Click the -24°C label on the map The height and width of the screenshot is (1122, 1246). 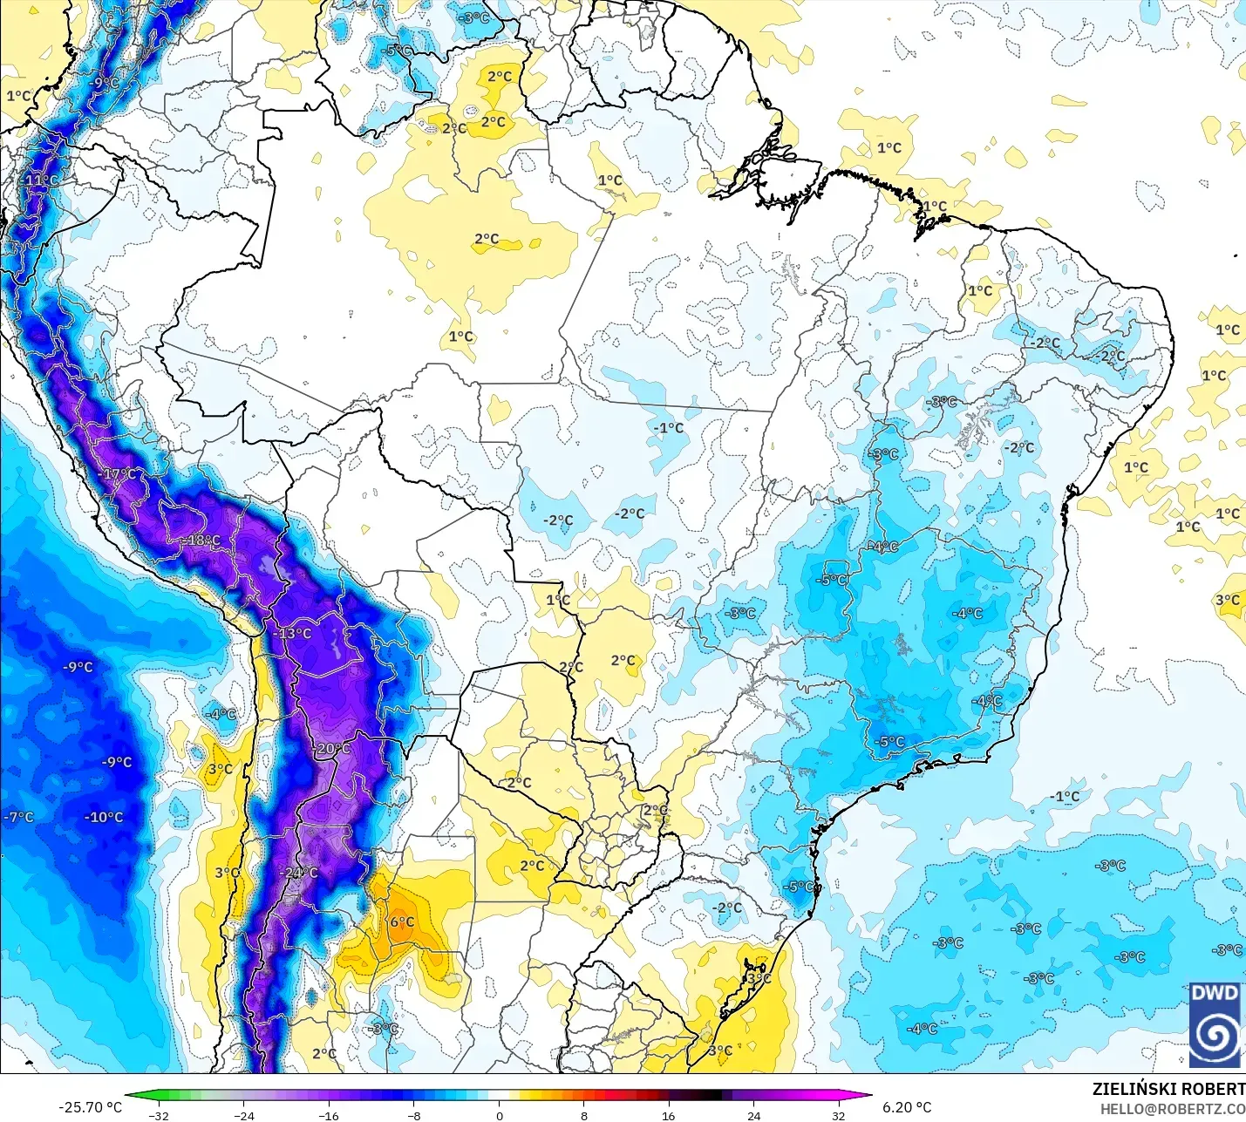coord(299,873)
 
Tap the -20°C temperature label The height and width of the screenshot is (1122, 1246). coord(332,749)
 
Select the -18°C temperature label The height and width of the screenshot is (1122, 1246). coord(202,541)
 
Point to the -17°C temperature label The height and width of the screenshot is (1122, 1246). coord(119,474)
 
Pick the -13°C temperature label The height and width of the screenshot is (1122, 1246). coord(293,633)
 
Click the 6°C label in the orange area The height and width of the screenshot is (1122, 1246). coord(402,921)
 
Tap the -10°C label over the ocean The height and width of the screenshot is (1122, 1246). coord(104,817)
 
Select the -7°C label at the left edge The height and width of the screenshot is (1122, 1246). coord(18,817)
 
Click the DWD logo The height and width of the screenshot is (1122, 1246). coord(1215,1024)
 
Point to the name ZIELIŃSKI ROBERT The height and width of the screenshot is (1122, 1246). coord(1168,1089)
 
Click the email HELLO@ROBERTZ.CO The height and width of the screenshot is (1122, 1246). coord(1172,1109)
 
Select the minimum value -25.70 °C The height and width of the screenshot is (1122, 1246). coord(90,1107)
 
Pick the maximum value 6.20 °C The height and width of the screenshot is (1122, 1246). coord(907,1107)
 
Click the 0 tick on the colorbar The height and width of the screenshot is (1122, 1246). coord(499,1115)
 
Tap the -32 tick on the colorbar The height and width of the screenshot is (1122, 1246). coord(158,1115)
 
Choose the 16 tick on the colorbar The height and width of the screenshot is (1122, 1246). coord(668,1115)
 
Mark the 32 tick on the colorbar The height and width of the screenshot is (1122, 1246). coord(838,1115)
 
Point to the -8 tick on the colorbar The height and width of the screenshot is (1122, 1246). coord(414,1115)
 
